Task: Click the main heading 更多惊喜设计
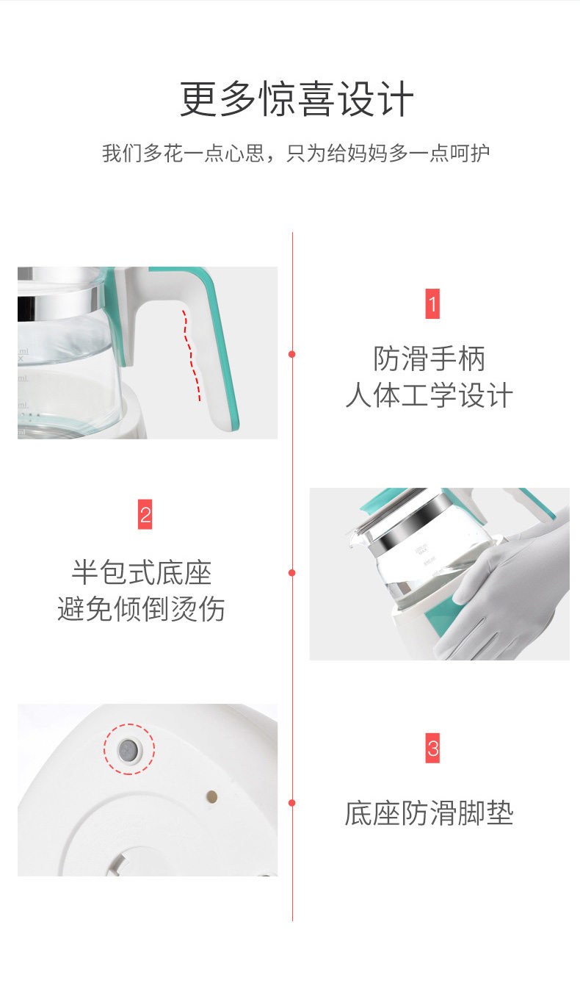[297, 99]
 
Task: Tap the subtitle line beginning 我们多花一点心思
[296, 154]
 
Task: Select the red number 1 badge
[432, 304]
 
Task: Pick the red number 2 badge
[145, 514]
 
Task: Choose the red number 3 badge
[432, 748]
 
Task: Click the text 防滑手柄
[429, 358]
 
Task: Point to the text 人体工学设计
[429, 394]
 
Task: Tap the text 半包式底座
[142, 572]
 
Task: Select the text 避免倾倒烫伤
[142, 609]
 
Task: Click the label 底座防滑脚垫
[429, 813]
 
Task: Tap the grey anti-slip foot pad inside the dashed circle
[129, 749]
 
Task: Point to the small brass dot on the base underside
[212, 797]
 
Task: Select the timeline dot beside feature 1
[291, 354]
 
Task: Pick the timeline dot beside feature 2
[291, 573]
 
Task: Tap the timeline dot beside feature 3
[291, 803]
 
